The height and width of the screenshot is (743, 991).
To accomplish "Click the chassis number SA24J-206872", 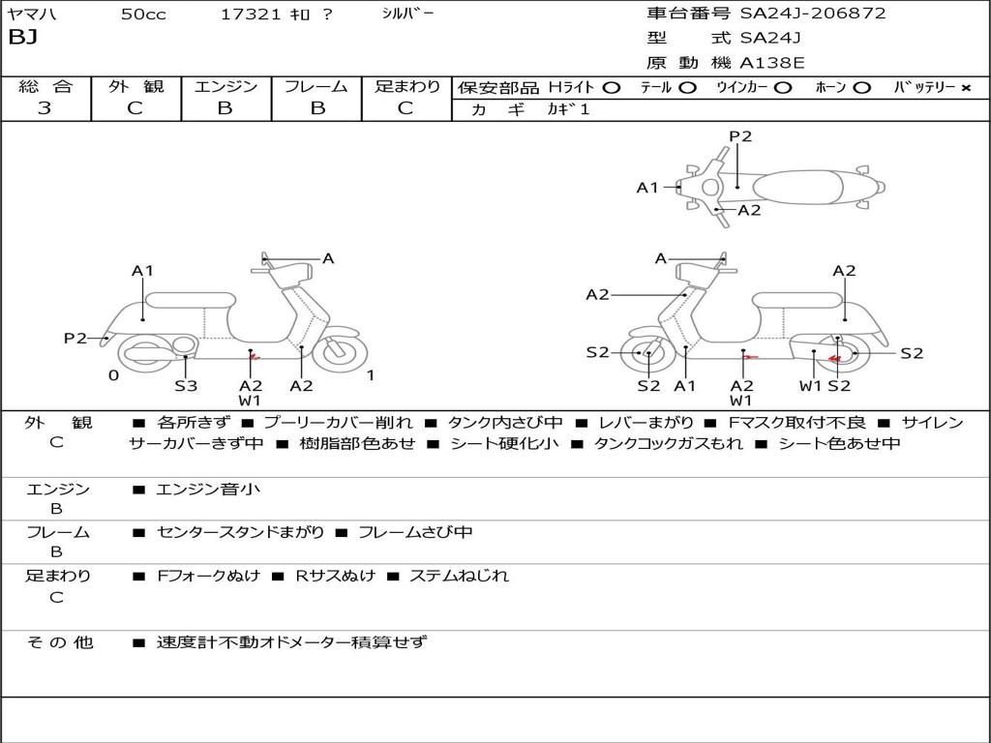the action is [x=813, y=14].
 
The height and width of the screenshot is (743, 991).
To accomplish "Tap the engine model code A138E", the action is [x=771, y=63].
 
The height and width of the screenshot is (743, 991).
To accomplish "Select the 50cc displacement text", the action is [x=142, y=15].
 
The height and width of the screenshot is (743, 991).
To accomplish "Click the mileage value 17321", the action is [x=250, y=15].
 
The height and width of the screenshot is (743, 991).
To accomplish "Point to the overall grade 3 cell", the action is [x=45, y=108].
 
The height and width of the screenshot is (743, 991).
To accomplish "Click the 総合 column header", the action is [x=45, y=86].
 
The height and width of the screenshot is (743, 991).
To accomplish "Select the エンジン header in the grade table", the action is [x=225, y=86].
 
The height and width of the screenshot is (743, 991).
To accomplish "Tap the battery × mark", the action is [x=965, y=87].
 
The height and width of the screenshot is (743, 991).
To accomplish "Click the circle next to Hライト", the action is [x=611, y=87].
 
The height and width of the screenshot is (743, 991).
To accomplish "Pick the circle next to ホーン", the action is [x=861, y=87].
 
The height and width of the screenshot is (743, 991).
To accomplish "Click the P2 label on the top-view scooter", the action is [x=740, y=136].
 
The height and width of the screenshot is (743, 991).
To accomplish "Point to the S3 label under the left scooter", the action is [x=186, y=386].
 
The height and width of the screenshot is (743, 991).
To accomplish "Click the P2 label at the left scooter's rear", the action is [x=75, y=338].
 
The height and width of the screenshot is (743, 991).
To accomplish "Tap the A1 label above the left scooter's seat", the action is [x=143, y=271].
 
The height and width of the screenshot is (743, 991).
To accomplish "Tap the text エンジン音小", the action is [x=209, y=490].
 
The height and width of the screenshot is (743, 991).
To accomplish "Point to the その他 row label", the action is [x=60, y=641].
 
